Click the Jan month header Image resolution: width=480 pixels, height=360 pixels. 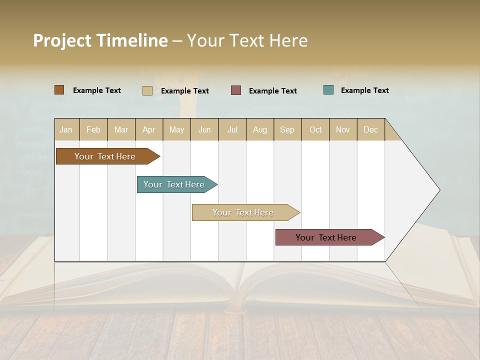click(66, 129)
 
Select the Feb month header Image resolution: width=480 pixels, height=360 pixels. click(93, 129)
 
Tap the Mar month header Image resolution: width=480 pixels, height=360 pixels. click(121, 129)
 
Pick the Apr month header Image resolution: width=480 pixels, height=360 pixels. click(148, 129)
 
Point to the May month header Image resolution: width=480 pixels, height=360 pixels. click(176, 129)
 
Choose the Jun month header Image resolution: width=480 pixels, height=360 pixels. click(204, 129)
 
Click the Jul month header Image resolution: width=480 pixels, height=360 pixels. click(232, 129)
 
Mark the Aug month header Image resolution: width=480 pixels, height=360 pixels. click(260, 129)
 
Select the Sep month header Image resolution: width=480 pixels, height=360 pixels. click(287, 129)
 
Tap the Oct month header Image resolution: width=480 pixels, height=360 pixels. click(315, 129)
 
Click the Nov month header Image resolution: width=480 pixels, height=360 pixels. click(343, 129)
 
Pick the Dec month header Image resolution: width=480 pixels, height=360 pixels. click(370, 129)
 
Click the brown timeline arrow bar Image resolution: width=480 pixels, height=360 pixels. click(105, 156)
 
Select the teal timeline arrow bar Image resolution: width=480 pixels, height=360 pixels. click(174, 184)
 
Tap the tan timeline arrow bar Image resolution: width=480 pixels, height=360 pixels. click(243, 212)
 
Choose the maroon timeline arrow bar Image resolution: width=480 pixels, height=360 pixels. click(326, 237)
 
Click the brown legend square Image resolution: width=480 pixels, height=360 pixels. click(59, 90)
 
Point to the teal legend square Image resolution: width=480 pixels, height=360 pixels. click(328, 90)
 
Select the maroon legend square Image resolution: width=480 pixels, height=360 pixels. click(236, 90)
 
